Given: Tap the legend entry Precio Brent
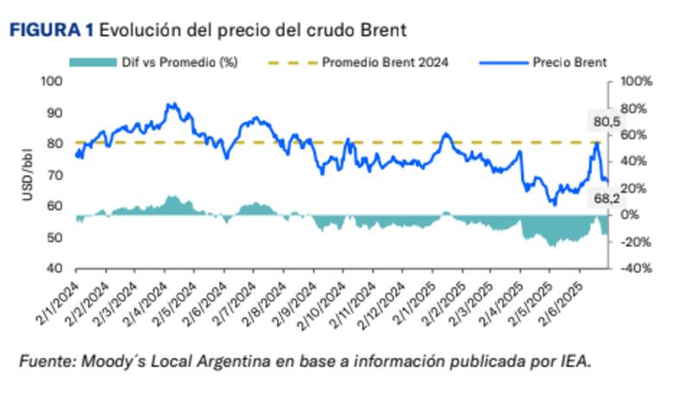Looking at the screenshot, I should [x=570, y=61].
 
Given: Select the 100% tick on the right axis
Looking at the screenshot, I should [x=637, y=81].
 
